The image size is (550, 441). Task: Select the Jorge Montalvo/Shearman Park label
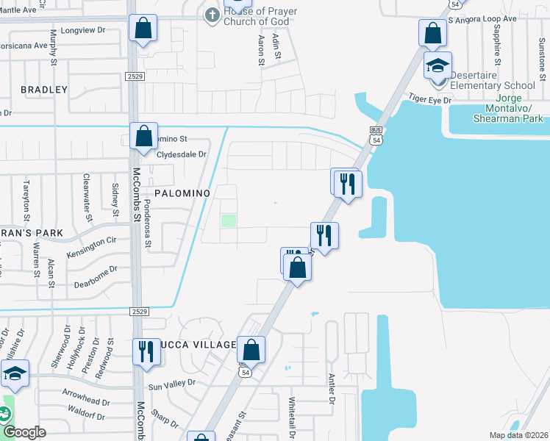pos(509,108)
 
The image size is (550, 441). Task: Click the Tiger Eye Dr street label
pos(429,98)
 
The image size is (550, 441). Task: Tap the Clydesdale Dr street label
pos(182,154)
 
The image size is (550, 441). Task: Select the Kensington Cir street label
pos(92,245)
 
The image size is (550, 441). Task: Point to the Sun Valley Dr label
pos(172,383)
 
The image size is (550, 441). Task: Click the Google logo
pos(24,432)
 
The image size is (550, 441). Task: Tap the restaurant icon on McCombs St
pos(146,351)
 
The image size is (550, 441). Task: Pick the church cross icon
pos(213,15)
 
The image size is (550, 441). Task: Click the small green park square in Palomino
pos(229,220)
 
